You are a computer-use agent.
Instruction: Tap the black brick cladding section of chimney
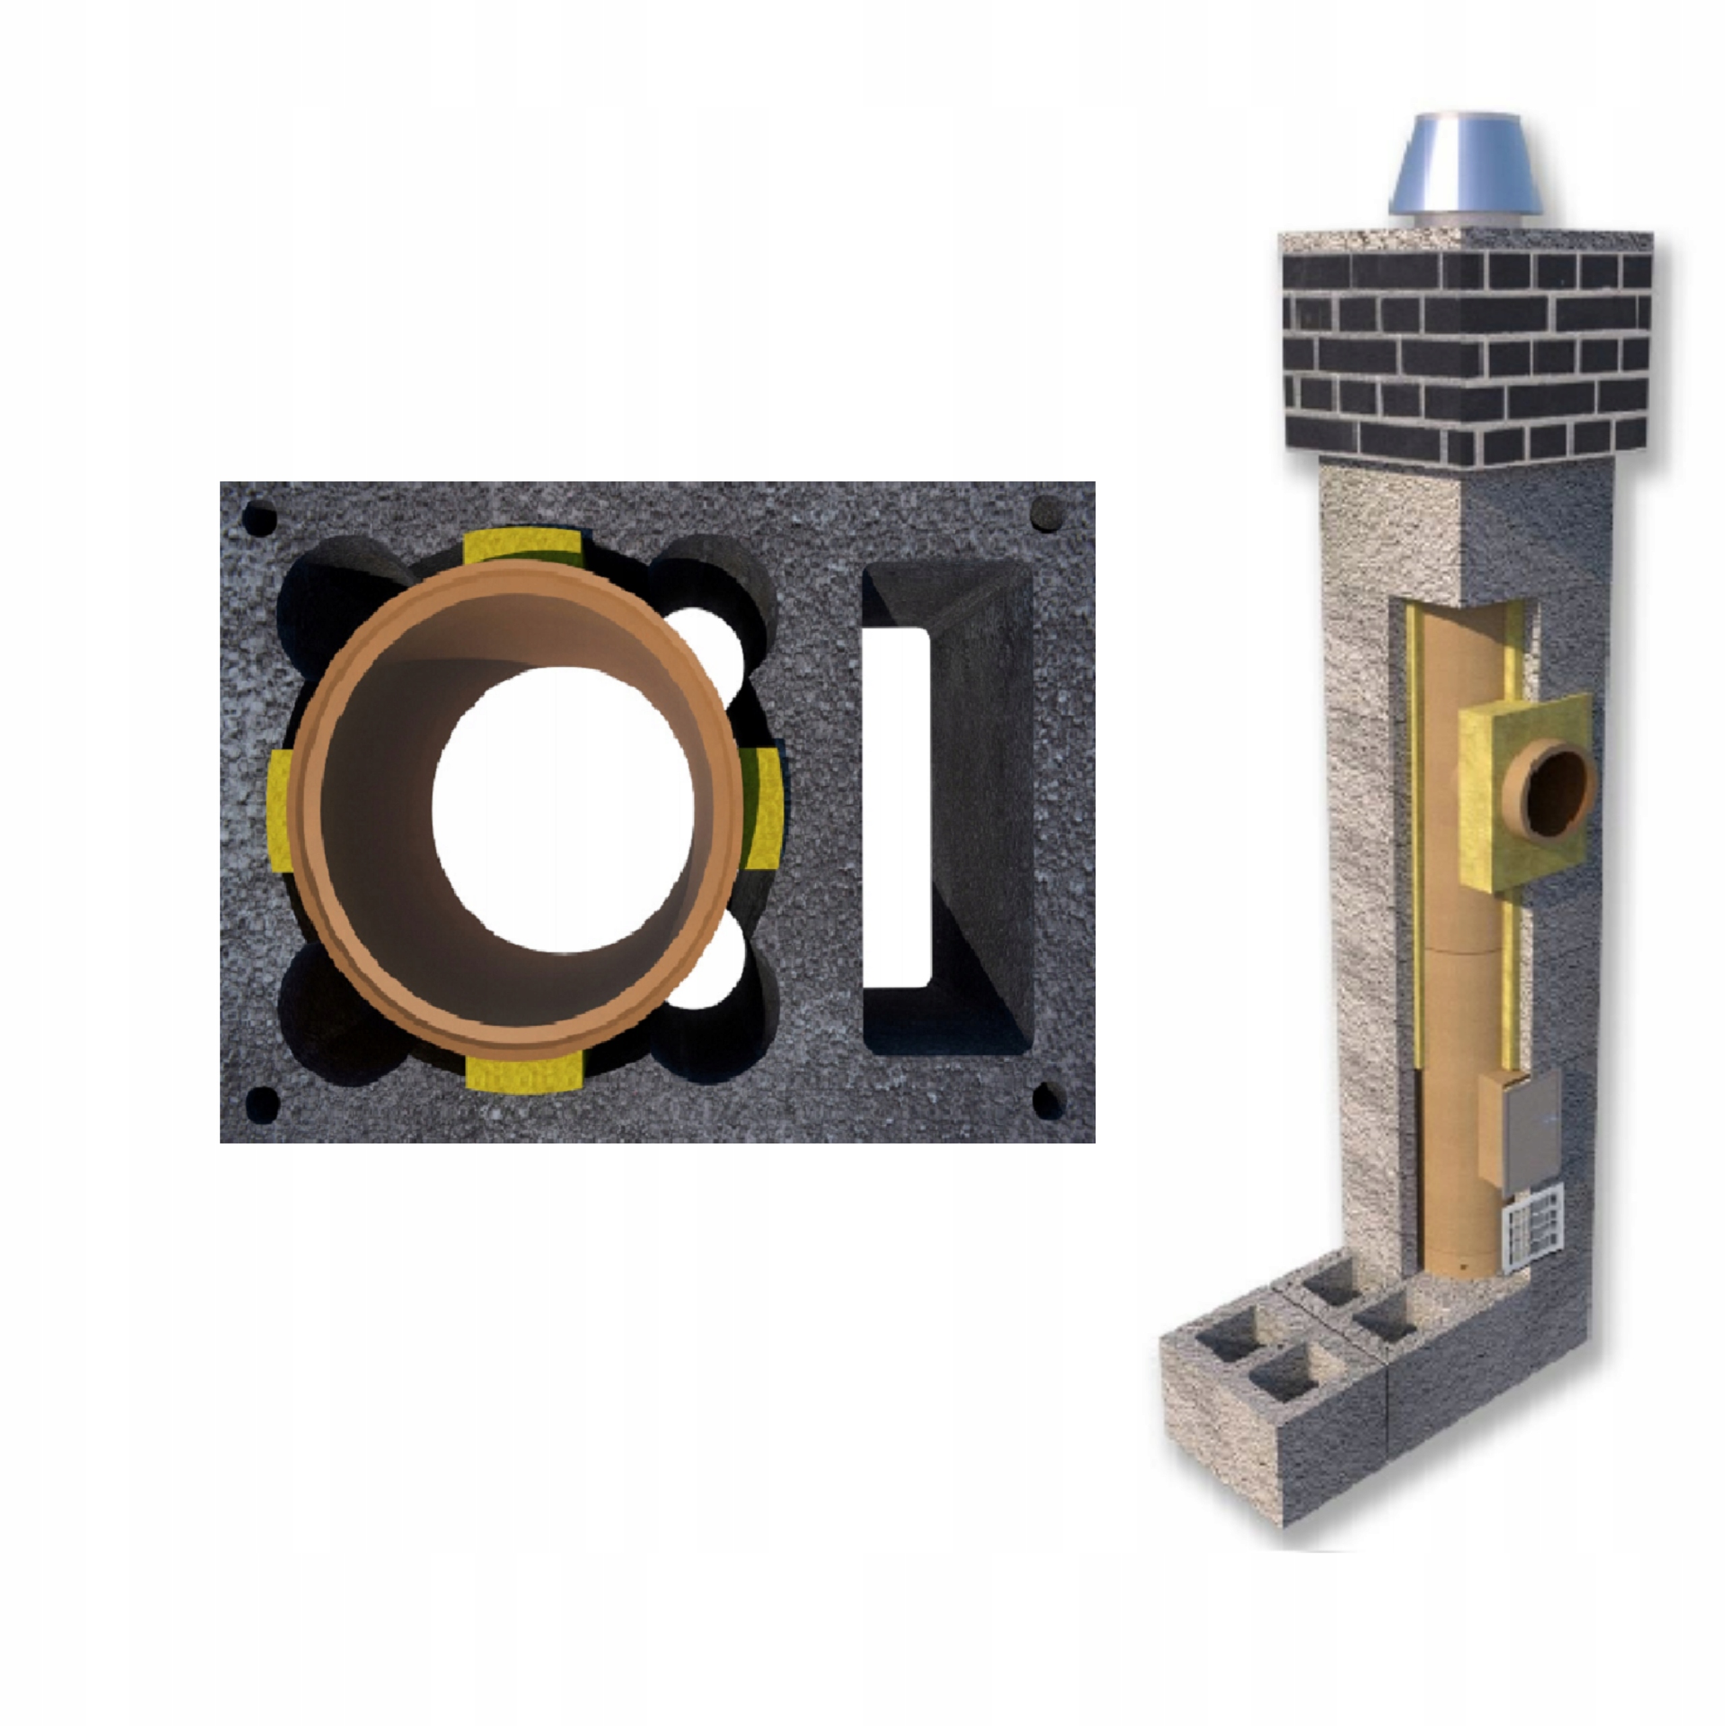(1465, 357)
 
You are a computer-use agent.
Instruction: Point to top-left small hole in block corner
(259, 518)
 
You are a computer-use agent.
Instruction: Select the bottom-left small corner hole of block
(262, 1105)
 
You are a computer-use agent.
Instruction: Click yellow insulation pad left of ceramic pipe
(280, 809)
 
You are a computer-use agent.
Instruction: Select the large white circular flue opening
(563, 808)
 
